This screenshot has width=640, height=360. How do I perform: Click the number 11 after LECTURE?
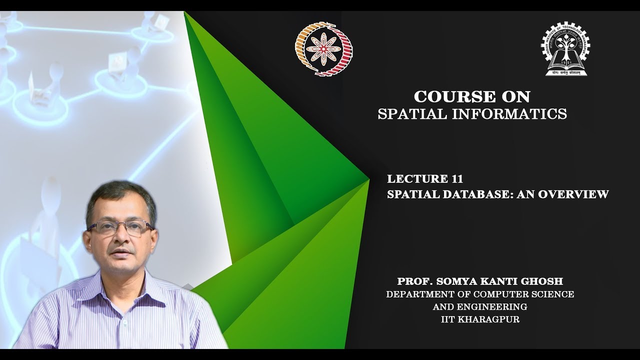tap(456, 179)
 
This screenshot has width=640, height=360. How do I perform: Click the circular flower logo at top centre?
tap(324, 48)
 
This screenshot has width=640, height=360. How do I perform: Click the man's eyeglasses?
tap(119, 228)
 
